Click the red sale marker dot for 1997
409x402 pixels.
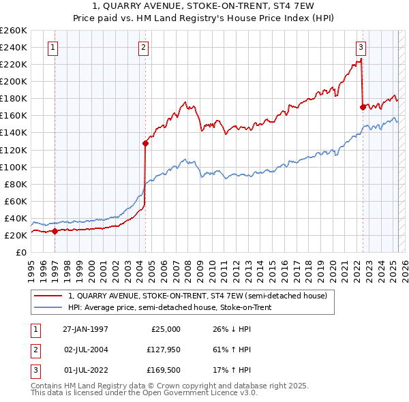point(55,230)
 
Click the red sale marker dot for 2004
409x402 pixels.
point(145,143)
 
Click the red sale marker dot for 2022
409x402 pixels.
point(363,107)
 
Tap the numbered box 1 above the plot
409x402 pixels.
point(52,48)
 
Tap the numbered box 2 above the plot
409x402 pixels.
point(144,48)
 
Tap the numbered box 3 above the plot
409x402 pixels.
point(361,48)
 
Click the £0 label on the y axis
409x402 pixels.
point(22,252)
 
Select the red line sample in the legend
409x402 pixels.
point(48,296)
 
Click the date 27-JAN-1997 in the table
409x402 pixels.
point(85,329)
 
